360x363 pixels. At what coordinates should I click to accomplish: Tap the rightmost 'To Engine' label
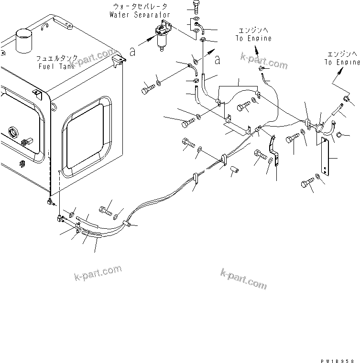342,62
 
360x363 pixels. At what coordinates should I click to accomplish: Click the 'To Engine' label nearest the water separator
254,38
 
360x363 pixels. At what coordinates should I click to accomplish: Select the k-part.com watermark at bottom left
98,273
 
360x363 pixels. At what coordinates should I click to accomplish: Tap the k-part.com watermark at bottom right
243,278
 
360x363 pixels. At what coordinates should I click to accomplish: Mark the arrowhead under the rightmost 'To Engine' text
342,70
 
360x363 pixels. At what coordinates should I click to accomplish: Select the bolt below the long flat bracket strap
308,182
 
